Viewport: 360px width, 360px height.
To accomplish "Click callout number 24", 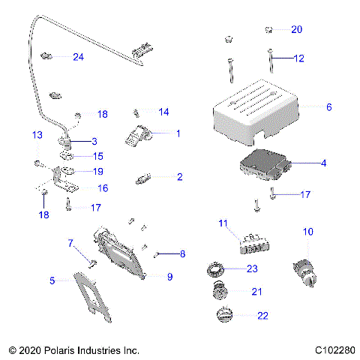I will (78, 57).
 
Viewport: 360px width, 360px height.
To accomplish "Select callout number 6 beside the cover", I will (328, 107).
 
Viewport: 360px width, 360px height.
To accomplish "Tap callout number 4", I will (323, 163).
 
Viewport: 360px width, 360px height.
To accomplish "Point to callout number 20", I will (296, 29).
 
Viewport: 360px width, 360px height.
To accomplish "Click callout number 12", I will (299, 58).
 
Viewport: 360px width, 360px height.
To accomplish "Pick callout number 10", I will (307, 233).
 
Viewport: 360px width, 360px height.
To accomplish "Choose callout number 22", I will (262, 316).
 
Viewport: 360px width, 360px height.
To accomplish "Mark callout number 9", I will (169, 277).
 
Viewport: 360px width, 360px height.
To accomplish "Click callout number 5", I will (52, 280).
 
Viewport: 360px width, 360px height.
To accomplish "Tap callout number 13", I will (36, 134).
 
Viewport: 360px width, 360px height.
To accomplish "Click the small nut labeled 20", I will (268, 30).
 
